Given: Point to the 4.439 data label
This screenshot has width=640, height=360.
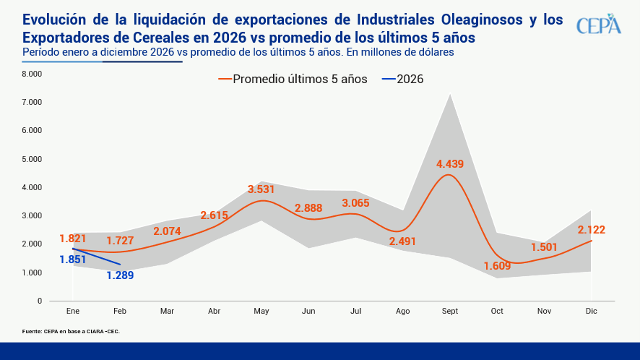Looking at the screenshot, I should (450, 164).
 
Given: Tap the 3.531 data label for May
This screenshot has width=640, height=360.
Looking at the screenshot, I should (261, 189).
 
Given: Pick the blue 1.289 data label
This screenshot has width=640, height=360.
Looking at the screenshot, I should (120, 275).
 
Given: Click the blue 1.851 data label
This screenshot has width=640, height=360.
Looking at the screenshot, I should (73, 261).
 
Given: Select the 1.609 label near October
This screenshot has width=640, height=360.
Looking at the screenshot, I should (497, 266).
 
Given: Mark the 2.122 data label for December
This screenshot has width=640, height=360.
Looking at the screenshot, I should (591, 230).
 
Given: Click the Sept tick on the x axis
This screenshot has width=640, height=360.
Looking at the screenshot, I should (450, 311).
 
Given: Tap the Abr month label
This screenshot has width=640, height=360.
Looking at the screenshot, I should (215, 311).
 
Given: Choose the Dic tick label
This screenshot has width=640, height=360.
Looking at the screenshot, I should (592, 311).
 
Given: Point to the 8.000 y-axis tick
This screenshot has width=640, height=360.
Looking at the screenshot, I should (32, 74).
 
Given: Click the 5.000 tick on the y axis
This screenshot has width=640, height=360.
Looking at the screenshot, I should (32, 159).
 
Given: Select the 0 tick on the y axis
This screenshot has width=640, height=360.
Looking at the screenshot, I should (40, 301).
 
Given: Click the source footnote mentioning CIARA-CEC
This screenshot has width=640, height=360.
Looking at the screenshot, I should (71, 331).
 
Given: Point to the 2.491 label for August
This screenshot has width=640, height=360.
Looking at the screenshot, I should (402, 241).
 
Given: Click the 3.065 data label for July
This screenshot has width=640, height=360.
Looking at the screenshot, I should (355, 202).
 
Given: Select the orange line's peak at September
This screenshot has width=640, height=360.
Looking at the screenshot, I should (449, 175).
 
